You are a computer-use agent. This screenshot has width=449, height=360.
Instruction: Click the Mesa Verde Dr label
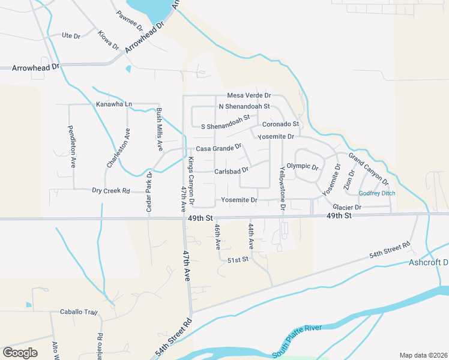click(x=249, y=95)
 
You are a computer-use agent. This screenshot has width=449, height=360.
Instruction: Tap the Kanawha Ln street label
click(x=113, y=104)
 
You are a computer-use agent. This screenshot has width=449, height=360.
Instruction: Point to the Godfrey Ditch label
click(x=377, y=193)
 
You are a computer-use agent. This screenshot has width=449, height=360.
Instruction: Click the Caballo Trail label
click(x=78, y=312)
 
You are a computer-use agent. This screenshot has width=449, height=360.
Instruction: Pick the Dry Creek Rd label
click(x=111, y=191)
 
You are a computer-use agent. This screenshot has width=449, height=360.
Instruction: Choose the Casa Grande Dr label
click(x=218, y=148)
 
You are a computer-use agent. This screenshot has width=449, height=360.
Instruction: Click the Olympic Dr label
click(x=302, y=166)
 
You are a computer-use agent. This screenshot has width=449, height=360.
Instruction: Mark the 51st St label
click(x=238, y=259)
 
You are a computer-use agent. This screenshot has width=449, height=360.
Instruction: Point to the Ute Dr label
click(x=71, y=36)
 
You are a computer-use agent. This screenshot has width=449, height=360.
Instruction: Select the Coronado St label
click(x=280, y=124)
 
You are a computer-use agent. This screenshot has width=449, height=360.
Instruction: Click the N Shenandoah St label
click(x=244, y=107)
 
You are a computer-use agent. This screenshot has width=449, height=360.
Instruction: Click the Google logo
click(x=20, y=353)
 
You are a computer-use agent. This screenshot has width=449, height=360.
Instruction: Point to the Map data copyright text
click(x=423, y=355)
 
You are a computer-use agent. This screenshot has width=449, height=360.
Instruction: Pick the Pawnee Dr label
click(x=130, y=22)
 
